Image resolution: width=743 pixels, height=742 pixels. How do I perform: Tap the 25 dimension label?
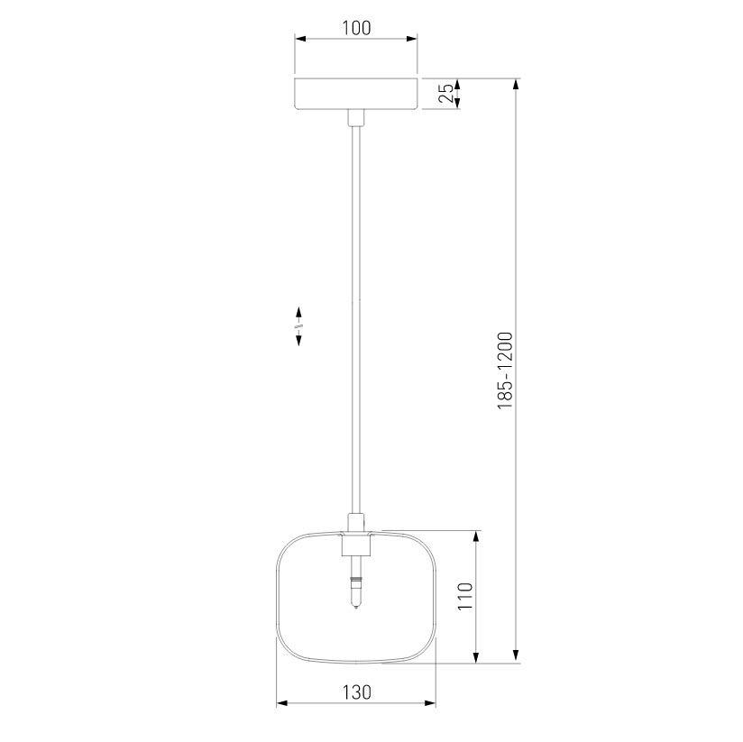446,94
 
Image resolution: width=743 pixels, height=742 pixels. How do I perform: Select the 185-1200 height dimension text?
505,371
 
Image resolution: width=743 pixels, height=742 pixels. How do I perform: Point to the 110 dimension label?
465,596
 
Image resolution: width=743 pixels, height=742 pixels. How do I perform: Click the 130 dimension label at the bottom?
356,692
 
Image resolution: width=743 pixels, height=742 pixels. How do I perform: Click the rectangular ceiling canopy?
356,94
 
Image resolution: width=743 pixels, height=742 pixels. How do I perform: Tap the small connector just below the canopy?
356,118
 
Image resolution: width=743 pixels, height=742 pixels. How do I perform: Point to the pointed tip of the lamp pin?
356,609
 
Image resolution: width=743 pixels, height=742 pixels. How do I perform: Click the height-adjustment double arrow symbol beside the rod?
298,326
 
